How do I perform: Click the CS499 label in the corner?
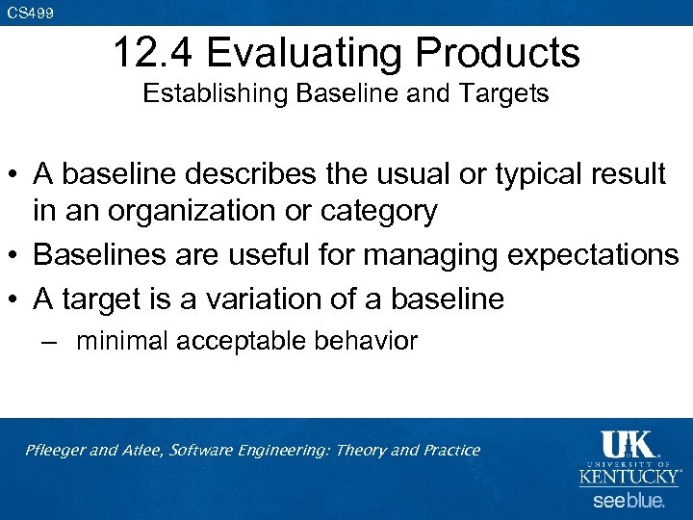pyautogui.click(x=31, y=13)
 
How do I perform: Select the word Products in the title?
pyautogui.click(x=501, y=53)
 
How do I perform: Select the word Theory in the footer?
pyautogui.click(x=359, y=450)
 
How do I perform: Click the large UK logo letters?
pyautogui.click(x=628, y=444)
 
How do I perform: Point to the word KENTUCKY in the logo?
pyautogui.click(x=629, y=477)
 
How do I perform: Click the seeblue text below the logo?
pyautogui.click(x=629, y=501)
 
